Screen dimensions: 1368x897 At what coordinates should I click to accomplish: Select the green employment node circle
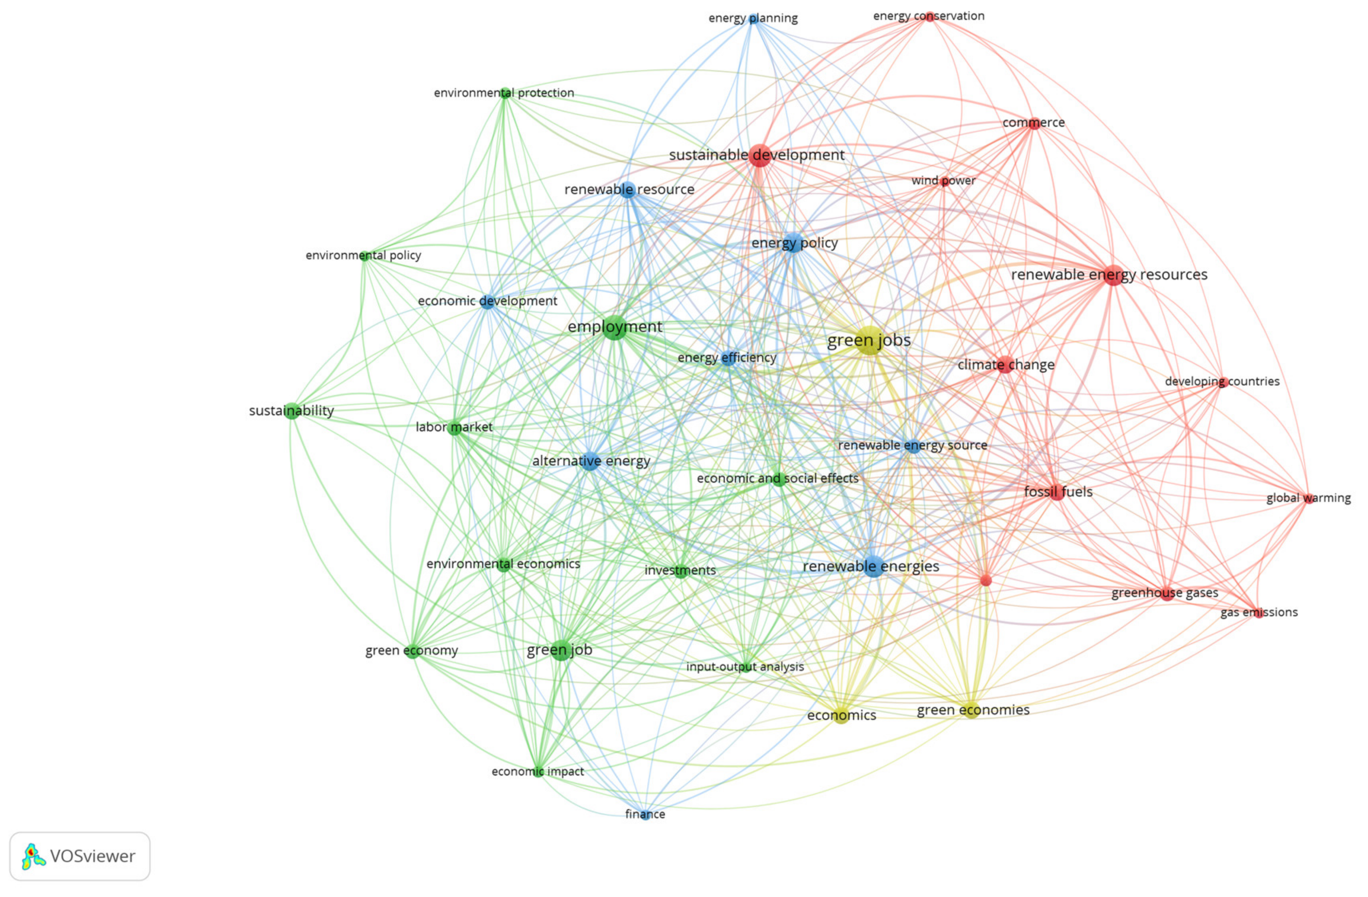(x=615, y=327)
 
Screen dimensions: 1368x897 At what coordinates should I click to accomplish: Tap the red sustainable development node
(x=759, y=155)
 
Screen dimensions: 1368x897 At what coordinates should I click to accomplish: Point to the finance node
(x=645, y=814)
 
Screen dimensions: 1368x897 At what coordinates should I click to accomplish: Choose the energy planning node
(x=753, y=18)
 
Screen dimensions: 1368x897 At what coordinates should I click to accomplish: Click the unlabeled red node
(x=986, y=581)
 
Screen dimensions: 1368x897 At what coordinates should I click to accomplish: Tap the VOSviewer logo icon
(x=34, y=856)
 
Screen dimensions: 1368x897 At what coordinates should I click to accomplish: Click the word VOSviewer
(x=93, y=856)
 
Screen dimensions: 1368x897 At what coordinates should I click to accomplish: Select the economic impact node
(x=538, y=772)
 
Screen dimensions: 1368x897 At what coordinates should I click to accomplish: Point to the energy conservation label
(x=928, y=16)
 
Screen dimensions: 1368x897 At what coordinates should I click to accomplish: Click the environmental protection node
(x=505, y=93)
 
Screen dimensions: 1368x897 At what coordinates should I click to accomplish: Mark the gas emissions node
(x=1259, y=612)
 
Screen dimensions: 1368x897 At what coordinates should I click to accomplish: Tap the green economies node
(x=971, y=710)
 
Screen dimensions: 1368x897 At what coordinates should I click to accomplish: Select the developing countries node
(x=1223, y=381)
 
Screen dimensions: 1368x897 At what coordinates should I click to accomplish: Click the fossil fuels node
(x=1056, y=492)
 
